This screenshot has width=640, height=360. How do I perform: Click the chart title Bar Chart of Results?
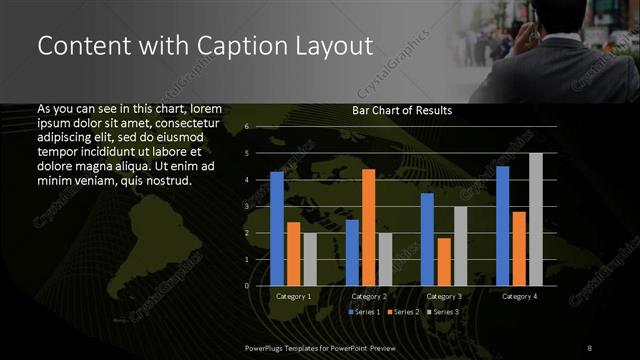pos(402,110)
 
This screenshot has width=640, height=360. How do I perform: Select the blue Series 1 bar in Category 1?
pos(277,229)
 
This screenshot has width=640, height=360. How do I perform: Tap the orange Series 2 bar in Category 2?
pos(368,227)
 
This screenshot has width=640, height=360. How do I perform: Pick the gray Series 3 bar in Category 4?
pos(535,219)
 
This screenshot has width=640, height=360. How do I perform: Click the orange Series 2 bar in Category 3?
pos(444,262)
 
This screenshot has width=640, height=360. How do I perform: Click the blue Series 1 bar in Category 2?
pos(352,252)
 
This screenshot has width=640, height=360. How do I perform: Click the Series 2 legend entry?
pos(404,312)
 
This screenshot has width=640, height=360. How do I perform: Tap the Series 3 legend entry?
pos(442,312)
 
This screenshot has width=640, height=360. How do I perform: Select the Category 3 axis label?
pos(444,296)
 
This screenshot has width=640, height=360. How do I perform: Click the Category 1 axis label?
pos(293,296)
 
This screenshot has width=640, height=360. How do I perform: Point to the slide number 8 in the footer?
pos(590,346)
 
